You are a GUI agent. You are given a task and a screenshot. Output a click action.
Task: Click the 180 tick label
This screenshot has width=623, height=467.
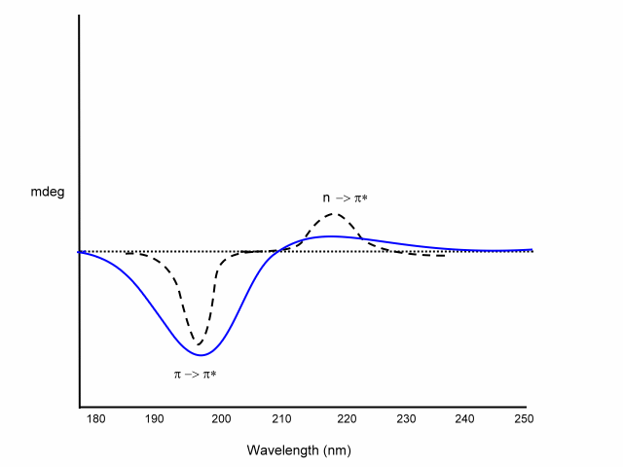click(94, 419)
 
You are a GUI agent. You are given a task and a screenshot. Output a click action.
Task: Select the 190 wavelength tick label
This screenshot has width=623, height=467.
click(154, 419)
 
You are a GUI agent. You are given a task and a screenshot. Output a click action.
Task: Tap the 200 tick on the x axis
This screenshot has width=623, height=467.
click(221, 419)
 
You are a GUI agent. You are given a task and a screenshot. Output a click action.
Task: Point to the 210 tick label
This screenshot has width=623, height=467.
click(281, 419)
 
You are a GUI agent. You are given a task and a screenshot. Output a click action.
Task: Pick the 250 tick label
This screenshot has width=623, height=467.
click(525, 419)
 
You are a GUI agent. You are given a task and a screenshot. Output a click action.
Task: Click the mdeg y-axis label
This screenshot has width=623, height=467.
click(48, 192)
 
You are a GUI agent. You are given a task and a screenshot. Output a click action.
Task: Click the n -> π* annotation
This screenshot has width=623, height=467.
click(345, 198)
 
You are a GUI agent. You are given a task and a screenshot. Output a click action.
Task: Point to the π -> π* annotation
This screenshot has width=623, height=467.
click(195, 374)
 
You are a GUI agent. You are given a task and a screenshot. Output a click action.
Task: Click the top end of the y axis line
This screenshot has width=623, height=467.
click(79, 17)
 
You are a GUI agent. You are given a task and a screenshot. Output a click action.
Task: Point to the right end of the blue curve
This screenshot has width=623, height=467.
click(532, 249)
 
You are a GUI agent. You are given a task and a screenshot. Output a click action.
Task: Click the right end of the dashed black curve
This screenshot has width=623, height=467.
click(445, 255)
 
